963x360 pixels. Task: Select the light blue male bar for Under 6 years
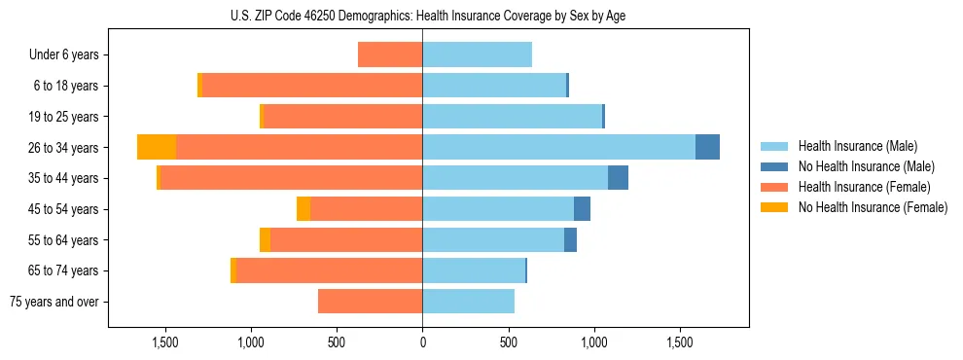477,54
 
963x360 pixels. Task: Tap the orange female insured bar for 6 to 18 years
311,86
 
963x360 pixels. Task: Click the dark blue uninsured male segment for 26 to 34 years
707,147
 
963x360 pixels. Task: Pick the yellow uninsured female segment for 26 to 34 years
157,147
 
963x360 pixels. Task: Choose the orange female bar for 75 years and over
370,302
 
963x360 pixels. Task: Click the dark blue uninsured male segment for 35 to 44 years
618,178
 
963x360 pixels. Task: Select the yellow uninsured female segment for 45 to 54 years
303,209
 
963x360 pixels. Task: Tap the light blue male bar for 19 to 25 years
512,117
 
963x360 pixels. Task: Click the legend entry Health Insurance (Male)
856,146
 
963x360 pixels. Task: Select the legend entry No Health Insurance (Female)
872,207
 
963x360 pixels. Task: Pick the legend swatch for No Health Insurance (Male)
774,166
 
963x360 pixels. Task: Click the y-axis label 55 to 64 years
64,240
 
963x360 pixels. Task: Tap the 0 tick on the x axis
422,342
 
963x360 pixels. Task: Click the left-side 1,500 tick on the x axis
164,342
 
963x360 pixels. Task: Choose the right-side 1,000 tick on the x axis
593,342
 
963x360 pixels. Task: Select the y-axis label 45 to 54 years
64,209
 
